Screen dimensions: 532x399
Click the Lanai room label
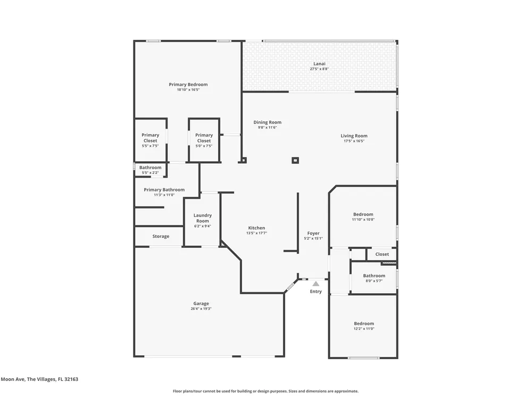pos(319,63)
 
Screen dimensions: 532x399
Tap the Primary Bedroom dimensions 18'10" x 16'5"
pos(188,90)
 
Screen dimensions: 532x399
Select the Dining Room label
pos(268,122)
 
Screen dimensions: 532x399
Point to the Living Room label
pos(354,136)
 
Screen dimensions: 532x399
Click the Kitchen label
pos(256,228)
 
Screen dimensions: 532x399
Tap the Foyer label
pos(313,234)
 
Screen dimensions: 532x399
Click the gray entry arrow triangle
pos(316,284)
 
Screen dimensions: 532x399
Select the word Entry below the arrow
pos(316,292)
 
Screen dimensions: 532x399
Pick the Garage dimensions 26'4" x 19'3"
pos(201,309)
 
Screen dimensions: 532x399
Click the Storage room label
pos(161,237)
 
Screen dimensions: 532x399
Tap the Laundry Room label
pos(203,218)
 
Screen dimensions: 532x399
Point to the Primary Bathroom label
pos(164,190)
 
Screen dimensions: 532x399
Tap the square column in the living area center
pos(295,160)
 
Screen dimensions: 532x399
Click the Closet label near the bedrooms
pos(382,254)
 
